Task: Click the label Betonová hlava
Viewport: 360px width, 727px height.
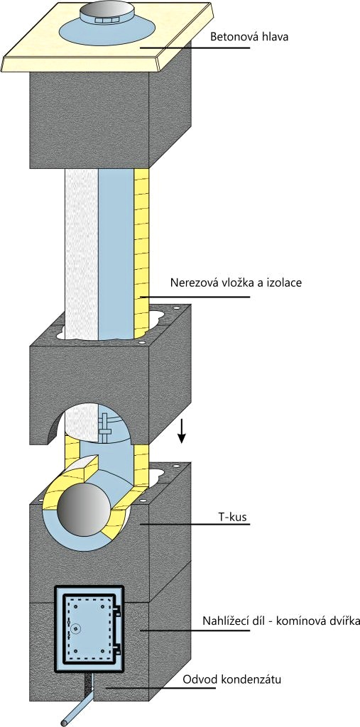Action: tap(249, 37)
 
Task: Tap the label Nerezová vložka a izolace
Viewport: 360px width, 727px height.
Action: tap(236, 283)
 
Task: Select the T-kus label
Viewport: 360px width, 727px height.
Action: tap(236, 515)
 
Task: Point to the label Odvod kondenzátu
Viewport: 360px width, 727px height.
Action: tap(232, 680)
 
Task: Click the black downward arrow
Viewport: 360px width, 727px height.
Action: tap(182, 431)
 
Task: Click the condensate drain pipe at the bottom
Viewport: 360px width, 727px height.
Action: tap(79, 705)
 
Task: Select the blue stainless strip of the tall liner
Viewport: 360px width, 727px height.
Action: tap(116, 253)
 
